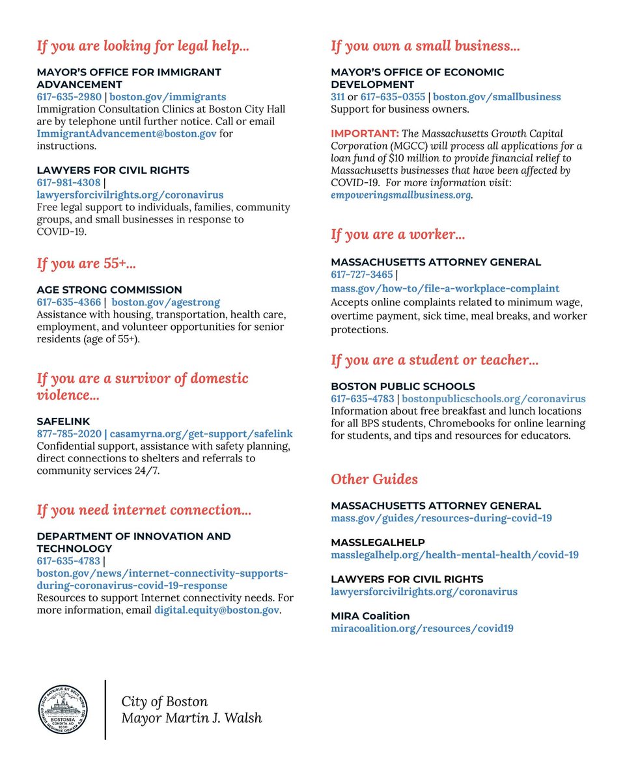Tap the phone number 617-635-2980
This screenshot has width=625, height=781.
click(68, 97)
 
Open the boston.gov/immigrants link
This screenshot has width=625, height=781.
click(167, 97)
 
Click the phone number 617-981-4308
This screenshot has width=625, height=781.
click(68, 182)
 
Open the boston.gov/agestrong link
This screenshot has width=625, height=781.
click(165, 302)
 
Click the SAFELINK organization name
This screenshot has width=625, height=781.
click(63, 421)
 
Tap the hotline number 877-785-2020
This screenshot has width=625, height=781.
click(68, 433)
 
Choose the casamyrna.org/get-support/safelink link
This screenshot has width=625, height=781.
click(201, 433)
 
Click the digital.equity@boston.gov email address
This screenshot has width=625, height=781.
click(216, 610)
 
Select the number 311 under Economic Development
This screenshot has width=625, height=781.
click(337, 97)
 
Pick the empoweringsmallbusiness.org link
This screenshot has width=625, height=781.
click(401, 195)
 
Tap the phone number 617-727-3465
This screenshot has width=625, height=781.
click(362, 275)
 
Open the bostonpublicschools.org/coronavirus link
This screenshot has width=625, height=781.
click(493, 398)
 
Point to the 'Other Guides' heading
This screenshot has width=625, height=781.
click(374, 479)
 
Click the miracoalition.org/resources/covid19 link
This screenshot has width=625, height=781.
click(422, 629)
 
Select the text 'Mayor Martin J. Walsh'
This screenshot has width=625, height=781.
click(191, 719)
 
